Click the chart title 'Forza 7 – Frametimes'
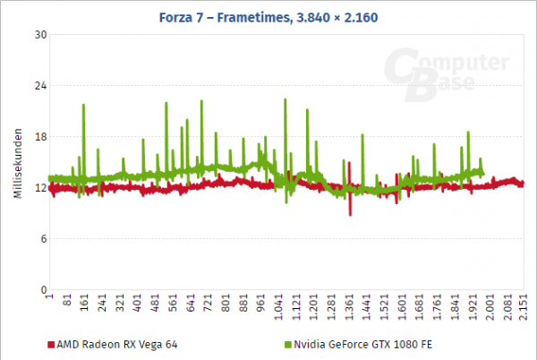[x=268, y=10]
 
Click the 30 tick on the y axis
[x=39, y=35]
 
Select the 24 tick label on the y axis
[x=39, y=86]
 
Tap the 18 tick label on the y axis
[x=39, y=137]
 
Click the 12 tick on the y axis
[x=39, y=188]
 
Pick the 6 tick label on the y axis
[x=42, y=239]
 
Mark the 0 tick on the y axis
[x=42, y=290]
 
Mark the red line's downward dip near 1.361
[x=350, y=213]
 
